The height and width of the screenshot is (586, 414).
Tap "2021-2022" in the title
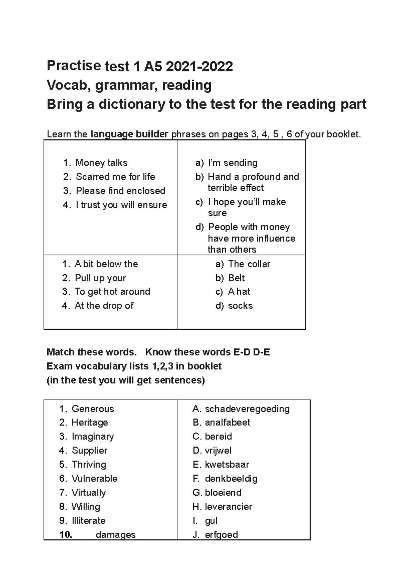click(x=199, y=66)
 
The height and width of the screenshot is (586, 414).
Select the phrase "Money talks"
click(x=101, y=163)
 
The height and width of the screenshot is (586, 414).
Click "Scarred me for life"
click(x=115, y=177)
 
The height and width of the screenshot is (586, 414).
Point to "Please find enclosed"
click(x=120, y=191)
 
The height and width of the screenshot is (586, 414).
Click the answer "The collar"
click(x=249, y=264)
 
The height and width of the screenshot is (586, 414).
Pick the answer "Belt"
click(x=236, y=278)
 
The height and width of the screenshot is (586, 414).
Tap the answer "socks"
click(x=240, y=306)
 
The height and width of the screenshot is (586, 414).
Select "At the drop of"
click(x=104, y=306)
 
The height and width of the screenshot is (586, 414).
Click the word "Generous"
click(x=92, y=409)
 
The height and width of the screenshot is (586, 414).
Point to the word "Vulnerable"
click(x=94, y=478)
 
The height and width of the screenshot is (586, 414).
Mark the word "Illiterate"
click(x=88, y=520)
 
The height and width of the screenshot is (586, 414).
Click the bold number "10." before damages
click(x=66, y=535)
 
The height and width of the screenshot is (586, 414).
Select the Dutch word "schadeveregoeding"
click(x=247, y=409)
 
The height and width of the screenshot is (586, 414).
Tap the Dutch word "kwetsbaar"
click(x=227, y=465)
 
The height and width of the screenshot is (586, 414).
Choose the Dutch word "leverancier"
click(x=228, y=507)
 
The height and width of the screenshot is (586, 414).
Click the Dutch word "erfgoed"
click(x=221, y=535)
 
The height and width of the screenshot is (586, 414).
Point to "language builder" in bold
click(x=129, y=134)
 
